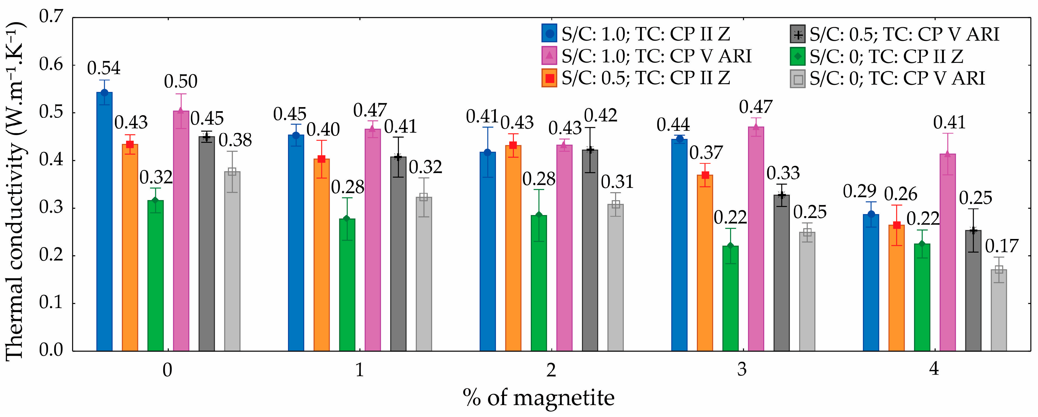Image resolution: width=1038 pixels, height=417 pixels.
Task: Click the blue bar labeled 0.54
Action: [x=104, y=222]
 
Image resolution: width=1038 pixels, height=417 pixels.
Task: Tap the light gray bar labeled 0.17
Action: [x=999, y=310]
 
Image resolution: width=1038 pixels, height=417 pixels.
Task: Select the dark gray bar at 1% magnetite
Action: [x=398, y=254]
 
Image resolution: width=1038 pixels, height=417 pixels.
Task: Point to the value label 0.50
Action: [x=181, y=82]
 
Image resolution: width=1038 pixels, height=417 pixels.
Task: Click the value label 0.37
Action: [x=706, y=153]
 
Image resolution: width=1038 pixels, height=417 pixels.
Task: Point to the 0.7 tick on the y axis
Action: [x=51, y=17]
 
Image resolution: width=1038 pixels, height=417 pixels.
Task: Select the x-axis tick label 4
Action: [x=934, y=369]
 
